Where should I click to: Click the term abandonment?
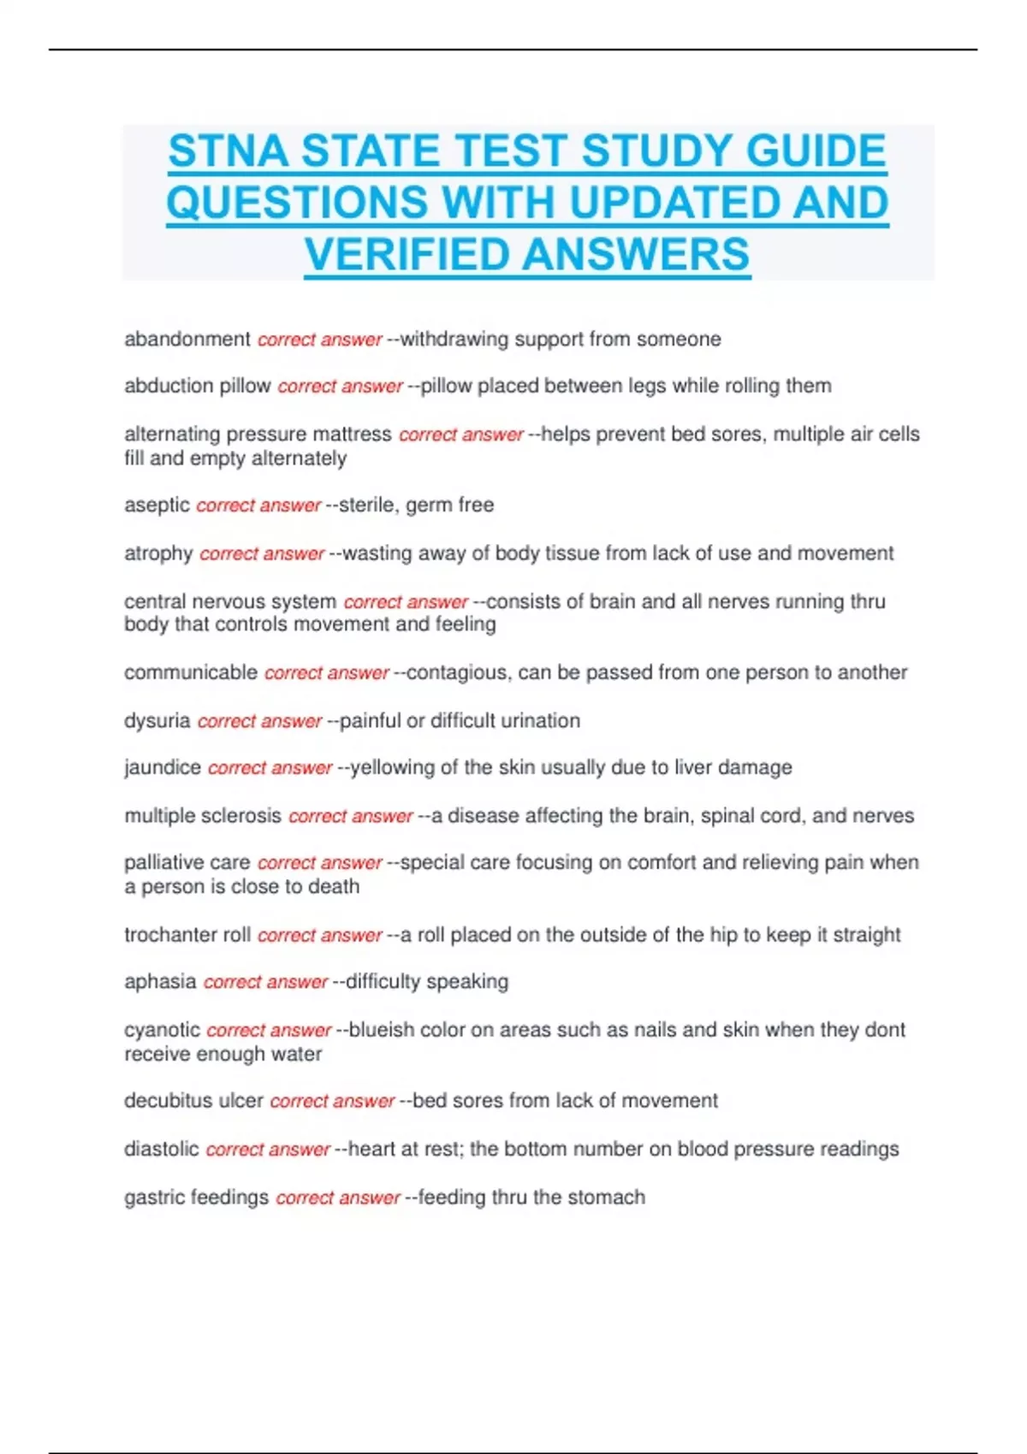coord(187,339)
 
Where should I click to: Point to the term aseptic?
coord(157,505)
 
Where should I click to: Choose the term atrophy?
coord(158,553)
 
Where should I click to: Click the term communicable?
coord(191,672)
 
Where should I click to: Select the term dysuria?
coord(157,720)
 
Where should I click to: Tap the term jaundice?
coord(163,767)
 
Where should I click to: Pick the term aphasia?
coord(160,981)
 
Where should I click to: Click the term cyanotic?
coord(162,1030)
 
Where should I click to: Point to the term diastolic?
coord(162,1149)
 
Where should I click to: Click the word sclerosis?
coord(244,815)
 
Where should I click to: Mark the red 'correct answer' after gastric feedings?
coord(338,1197)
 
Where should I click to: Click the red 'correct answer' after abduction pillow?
coord(340,387)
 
